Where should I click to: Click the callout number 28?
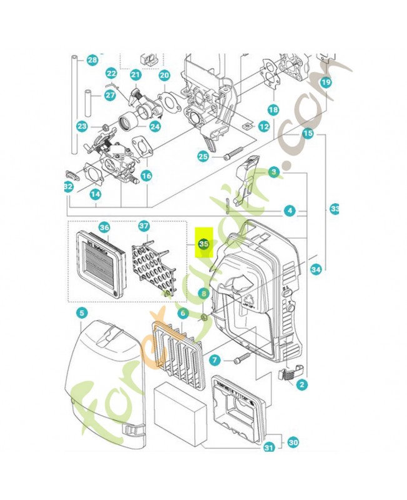[x=92, y=61]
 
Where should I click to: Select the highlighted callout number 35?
[x=203, y=244]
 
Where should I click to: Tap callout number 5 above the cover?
[x=82, y=312]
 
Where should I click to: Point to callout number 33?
[x=335, y=209]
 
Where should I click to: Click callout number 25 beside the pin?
[x=203, y=157]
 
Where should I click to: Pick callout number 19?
[x=325, y=82]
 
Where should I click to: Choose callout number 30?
[x=293, y=442]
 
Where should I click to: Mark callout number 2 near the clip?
[x=302, y=386]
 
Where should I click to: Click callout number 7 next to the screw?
[x=214, y=360]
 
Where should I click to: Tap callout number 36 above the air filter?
[x=104, y=227]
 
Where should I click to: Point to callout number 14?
[x=95, y=194]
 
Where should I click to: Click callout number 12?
[x=264, y=126]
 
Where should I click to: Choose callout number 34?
[x=316, y=270]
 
